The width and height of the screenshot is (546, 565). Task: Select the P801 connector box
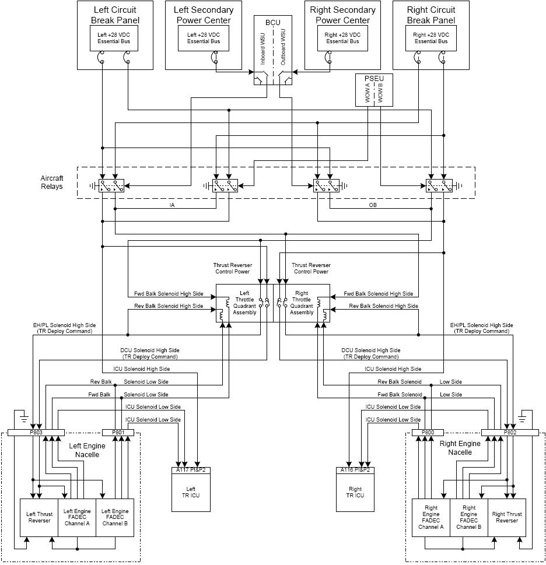pyautogui.click(x=118, y=433)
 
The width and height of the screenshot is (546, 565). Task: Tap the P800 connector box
pyautogui.click(x=427, y=433)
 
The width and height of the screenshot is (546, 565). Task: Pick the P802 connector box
pyautogui.click(x=510, y=433)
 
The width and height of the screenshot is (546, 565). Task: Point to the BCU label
pyautogui.click(x=273, y=23)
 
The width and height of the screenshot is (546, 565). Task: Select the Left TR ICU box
pyautogui.click(x=191, y=492)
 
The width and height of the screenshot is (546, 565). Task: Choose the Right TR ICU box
pyautogui.click(x=355, y=492)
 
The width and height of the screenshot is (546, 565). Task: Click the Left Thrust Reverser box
pyautogui.click(x=39, y=518)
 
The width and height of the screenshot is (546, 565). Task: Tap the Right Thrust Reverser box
pyautogui.click(x=506, y=518)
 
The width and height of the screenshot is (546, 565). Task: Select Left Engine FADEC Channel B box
pyautogui.click(x=115, y=518)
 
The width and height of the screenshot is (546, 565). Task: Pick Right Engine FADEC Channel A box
pyautogui.click(x=430, y=518)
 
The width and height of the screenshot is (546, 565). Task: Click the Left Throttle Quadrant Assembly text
pyautogui.click(x=244, y=303)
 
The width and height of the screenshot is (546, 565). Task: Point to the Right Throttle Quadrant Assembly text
pyautogui.click(x=302, y=303)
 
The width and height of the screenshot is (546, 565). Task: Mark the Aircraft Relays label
pyautogui.click(x=52, y=183)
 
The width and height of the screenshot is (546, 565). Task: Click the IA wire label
pyautogui.click(x=172, y=205)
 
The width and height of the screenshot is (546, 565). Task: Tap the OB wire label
pyautogui.click(x=373, y=205)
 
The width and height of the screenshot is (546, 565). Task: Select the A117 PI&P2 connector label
pyautogui.click(x=191, y=469)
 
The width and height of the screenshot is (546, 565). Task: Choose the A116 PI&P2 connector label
pyautogui.click(x=355, y=469)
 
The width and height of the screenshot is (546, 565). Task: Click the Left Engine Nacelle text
pyautogui.click(x=83, y=450)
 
